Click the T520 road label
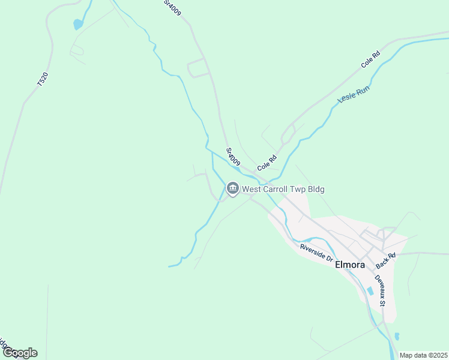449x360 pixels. (42, 79)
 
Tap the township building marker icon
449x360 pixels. (233, 190)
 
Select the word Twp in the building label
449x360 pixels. (300, 190)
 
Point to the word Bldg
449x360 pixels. (317, 190)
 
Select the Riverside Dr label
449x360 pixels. (316, 253)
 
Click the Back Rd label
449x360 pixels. (385, 260)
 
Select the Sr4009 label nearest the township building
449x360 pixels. (233, 157)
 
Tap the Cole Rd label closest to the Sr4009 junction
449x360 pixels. (267, 162)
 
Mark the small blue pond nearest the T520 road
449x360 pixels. (77, 25)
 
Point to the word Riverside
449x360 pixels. (312, 250)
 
